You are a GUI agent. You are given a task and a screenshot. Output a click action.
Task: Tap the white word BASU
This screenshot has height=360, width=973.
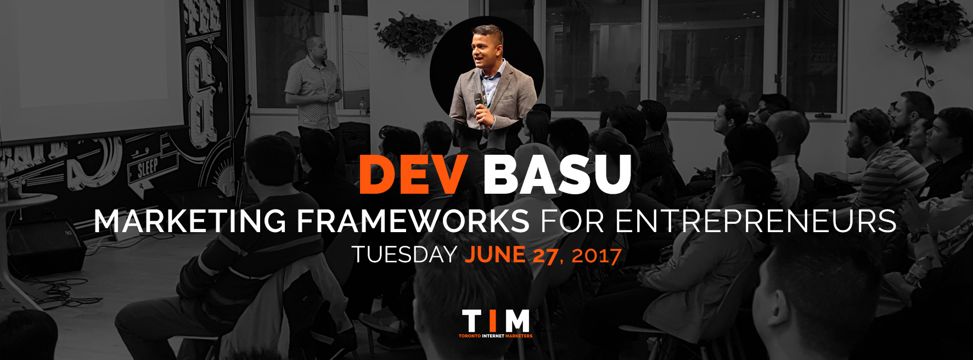pos(557,174)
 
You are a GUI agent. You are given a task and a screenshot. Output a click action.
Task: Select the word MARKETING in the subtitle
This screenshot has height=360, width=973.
pos(190,221)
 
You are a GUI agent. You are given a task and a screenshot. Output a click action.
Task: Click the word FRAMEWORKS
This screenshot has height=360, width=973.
pos(413,221)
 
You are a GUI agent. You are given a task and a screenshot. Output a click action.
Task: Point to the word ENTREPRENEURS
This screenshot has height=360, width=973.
pos(755,221)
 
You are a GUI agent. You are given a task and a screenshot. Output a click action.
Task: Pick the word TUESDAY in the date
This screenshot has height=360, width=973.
pos(404,255)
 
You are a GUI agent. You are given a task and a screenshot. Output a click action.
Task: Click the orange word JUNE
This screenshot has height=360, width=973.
pos(495,255)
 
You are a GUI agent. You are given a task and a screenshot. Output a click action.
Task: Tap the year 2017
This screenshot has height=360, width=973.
pos(597,255)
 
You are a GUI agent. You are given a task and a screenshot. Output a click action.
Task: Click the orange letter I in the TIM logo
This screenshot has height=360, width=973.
pos(493,320)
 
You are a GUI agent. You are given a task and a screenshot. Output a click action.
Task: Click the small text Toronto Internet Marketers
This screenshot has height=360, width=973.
pos(496,336)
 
